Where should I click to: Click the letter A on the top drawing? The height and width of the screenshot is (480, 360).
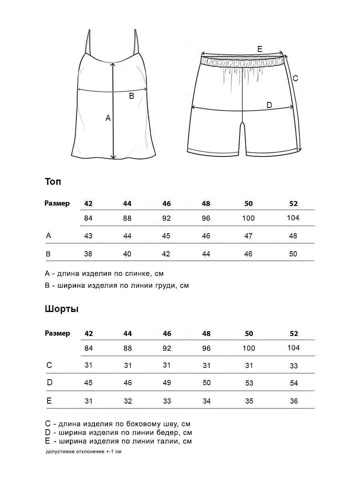pyautogui.click(x=108, y=118)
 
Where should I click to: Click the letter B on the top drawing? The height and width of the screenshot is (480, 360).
pyautogui.click(x=131, y=96)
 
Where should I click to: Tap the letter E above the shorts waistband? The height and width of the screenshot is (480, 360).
pyautogui.click(x=260, y=49)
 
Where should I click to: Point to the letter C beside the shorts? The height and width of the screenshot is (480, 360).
pyautogui.click(x=295, y=78)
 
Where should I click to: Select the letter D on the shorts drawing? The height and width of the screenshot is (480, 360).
pyautogui.click(x=269, y=105)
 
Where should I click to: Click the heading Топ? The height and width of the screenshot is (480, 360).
pyautogui.click(x=53, y=182)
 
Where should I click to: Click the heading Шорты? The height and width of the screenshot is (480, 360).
pyautogui.click(x=61, y=309)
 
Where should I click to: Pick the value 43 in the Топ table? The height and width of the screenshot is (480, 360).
pyautogui.click(x=88, y=236)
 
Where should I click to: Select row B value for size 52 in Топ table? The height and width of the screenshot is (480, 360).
pyautogui.click(x=293, y=254)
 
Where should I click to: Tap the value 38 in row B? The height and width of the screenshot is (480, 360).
pyautogui.click(x=88, y=254)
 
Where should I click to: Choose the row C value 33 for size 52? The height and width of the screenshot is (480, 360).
pyautogui.click(x=294, y=366)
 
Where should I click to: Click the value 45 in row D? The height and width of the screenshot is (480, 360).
pyautogui.click(x=88, y=383)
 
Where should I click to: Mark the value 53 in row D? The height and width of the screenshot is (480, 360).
pyautogui.click(x=249, y=383)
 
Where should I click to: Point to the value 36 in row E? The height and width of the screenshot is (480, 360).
pyautogui.click(x=294, y=401)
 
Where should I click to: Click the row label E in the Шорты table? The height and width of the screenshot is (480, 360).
pyautogui.click(x=49, y=400)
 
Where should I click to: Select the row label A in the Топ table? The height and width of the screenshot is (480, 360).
pyautogui.click(x=49, y=236)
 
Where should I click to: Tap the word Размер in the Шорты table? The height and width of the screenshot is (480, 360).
pyautogui.click(x=57, y=333)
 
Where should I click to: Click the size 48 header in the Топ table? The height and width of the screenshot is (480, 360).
pyautogui.click(x=206, y=204)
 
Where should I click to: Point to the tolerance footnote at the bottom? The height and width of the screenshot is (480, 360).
pyautogui.click(x=83, y=452)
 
